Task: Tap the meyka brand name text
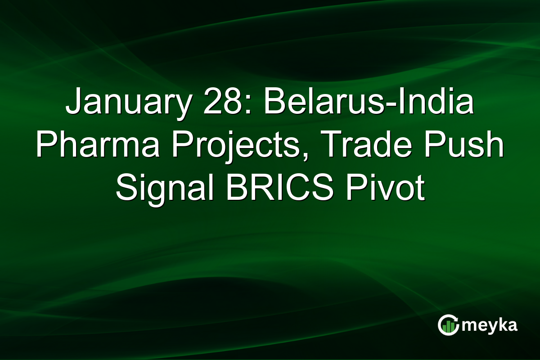coord(489,325)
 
